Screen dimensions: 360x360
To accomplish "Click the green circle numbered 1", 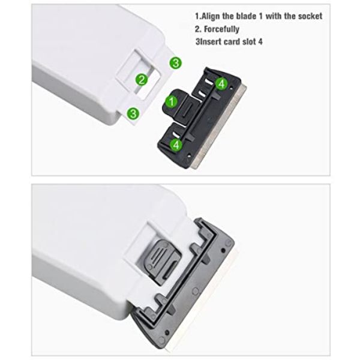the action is (x=172, y=101).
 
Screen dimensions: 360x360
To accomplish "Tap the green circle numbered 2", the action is (x=142, y=80).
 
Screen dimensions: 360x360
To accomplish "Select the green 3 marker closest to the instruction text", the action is (x=176, y=62).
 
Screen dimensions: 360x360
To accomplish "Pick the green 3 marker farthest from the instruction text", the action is (x=133, y=113).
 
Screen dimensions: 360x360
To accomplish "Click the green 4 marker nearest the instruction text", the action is (x=221, y=83).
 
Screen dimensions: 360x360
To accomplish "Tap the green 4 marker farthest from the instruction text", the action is (x=176, y=145).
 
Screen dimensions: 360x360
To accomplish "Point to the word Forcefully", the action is (x=221, y=29).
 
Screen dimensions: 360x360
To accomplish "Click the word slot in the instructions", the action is (x=250, y=42).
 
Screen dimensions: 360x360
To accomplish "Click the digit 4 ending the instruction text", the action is (x=260, y=42).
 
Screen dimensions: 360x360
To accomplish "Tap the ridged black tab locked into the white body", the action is (x=161, y=261).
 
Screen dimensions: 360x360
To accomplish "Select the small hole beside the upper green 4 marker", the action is (x=231, y=88).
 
